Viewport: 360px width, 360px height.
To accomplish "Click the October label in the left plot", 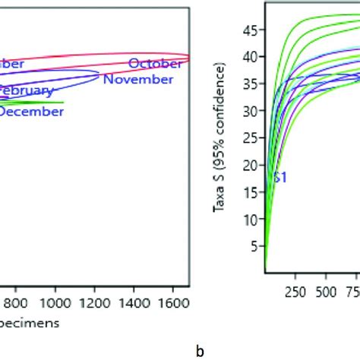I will click(x=155, y=64).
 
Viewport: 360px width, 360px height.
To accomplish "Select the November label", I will click(x=137, y=79).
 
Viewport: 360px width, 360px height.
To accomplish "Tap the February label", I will click(x=27, y=91).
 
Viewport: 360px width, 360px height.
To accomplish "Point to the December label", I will click(x=31, y=112).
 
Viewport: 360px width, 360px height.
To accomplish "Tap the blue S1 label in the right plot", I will click(x=279, y=178).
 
